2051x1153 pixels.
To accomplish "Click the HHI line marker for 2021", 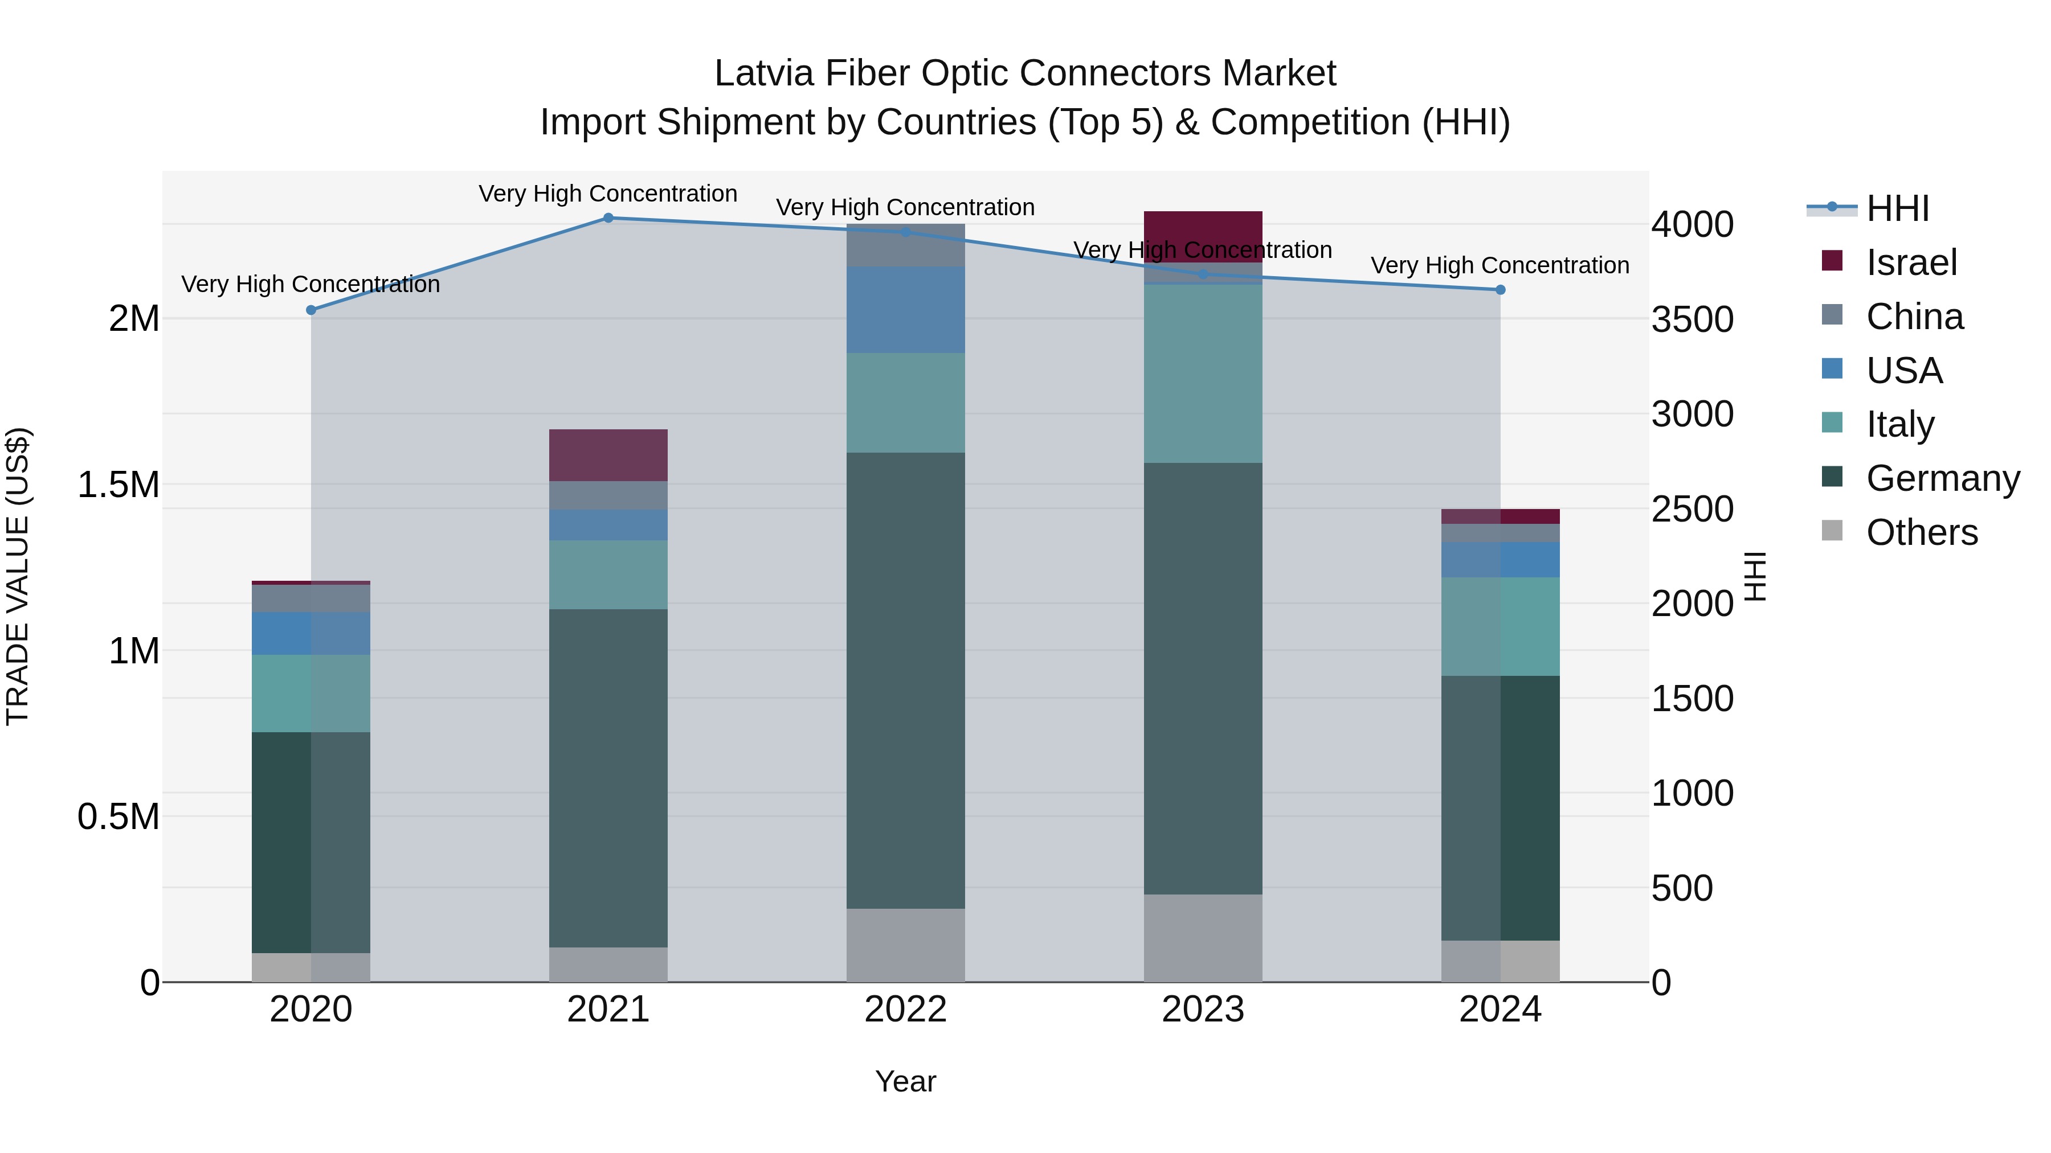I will point(608,218).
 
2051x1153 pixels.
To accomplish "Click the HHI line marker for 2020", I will point(311,310).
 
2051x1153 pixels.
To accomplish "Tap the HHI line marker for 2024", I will point(1500,290).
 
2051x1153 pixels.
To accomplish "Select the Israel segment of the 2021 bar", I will point(608,454).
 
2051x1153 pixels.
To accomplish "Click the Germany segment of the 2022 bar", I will point(905,680).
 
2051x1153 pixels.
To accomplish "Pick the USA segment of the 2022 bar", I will point(905,310).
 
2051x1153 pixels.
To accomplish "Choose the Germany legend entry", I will point(1942,478).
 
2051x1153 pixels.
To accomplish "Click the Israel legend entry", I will point(1910,262).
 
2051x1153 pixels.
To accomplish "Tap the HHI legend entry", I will point(1897,208).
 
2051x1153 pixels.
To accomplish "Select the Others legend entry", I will point(1921,532).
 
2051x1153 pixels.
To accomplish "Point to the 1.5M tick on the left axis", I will point(119,485).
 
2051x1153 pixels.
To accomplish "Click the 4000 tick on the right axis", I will point(1692,224).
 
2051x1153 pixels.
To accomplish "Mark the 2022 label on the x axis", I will point(905,1009).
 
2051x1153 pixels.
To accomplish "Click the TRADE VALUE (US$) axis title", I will point(18,576).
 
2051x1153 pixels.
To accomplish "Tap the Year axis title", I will point(905,1081).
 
